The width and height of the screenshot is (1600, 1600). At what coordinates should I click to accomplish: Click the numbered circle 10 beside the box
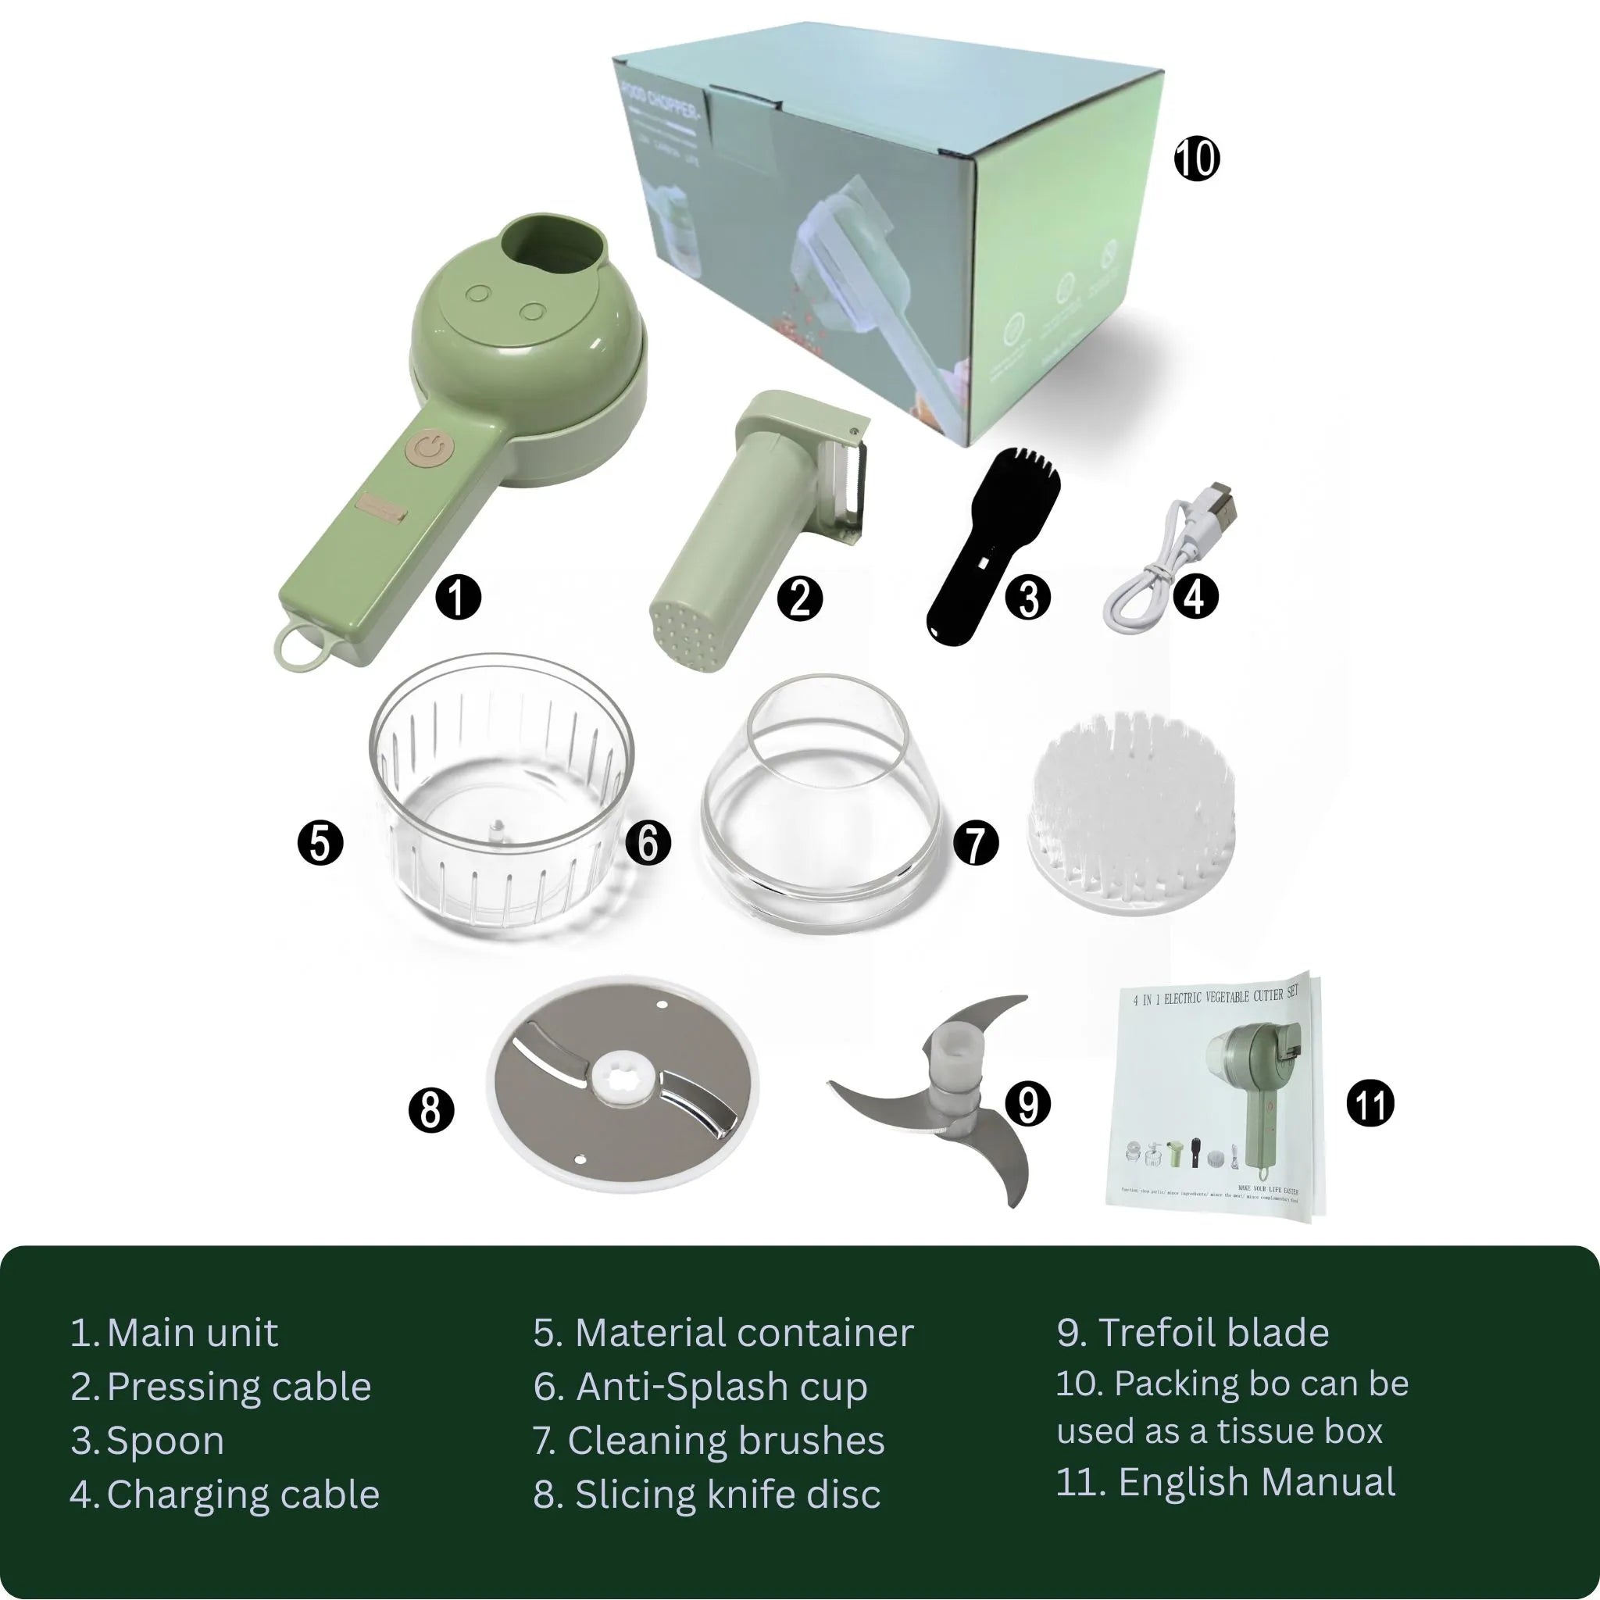1197,158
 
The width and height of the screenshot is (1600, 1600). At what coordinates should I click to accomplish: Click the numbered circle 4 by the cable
1195,596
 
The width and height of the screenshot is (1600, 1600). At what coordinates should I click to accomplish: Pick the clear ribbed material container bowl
500,795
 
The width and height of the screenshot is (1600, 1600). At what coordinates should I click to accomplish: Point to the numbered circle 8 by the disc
431,1109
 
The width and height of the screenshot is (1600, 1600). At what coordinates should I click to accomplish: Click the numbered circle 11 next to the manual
1370,1104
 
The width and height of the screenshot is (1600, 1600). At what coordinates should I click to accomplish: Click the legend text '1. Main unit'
175,1334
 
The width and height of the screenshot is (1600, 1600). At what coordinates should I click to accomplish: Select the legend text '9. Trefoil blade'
1192,1334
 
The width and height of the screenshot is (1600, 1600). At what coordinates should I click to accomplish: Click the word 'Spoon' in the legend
166,1441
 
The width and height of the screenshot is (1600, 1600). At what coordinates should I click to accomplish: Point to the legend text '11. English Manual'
1226,1481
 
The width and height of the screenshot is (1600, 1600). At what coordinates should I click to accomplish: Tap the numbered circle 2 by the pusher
799,598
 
